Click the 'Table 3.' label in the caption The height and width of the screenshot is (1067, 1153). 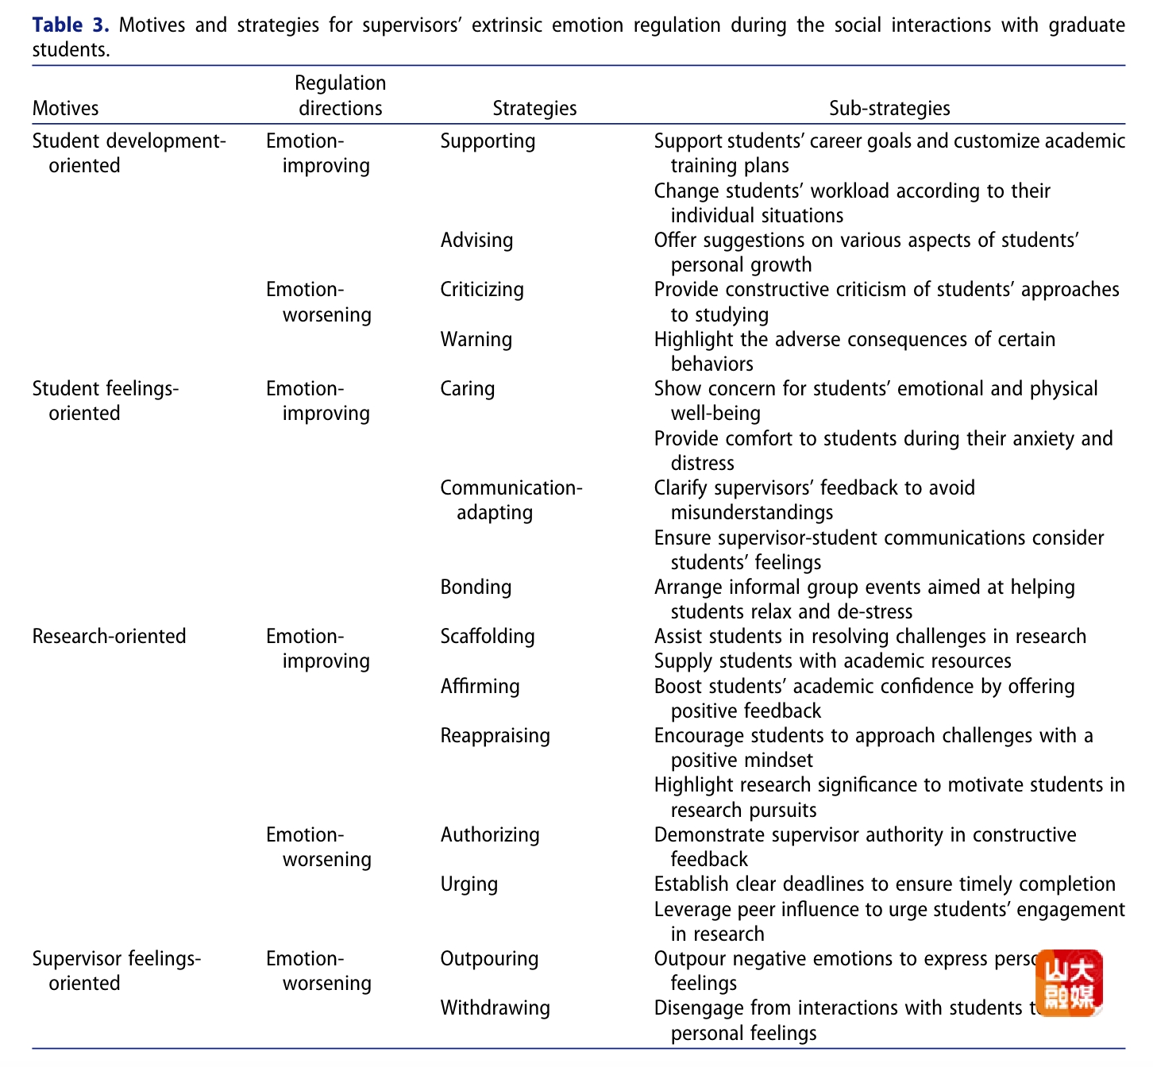click(x=70, y=25)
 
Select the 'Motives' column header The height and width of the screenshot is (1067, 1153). click(x=65, y=108)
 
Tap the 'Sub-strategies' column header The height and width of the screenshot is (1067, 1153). click(x=889, y=108)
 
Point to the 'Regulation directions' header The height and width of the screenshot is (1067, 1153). click(x=340, y=95)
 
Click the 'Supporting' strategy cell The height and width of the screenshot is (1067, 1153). click(x=488, y=141)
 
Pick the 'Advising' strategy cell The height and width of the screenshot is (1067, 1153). click(x=476, y=240)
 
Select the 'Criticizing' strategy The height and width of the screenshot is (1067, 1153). click(x=482, y=290)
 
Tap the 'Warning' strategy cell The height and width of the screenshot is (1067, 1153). click(x=476, y=340)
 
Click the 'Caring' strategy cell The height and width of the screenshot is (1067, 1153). click(x=467, y=389)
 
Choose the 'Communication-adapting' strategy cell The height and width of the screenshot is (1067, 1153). click(x=511, y=499)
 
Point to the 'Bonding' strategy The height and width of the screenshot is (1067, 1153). click(x=476, y=587)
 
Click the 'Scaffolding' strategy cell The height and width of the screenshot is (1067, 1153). click(x=487, y=637)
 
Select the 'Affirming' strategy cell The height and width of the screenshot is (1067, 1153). click(x=480, y=687)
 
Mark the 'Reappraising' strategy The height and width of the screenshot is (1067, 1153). click(x=495, y=736)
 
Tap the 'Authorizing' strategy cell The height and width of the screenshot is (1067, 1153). click(x=489, y=835)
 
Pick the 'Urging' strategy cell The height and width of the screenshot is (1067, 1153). click(x=469, y=884)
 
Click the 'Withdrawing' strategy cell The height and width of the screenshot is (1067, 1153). click(x=495, y=1008)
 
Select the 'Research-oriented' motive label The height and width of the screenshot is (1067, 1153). click(x=109, y=637)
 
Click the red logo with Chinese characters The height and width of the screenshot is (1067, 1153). click(x=1068, y=984)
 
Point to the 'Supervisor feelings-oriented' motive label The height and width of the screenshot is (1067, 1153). click(x=116, y=970)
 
